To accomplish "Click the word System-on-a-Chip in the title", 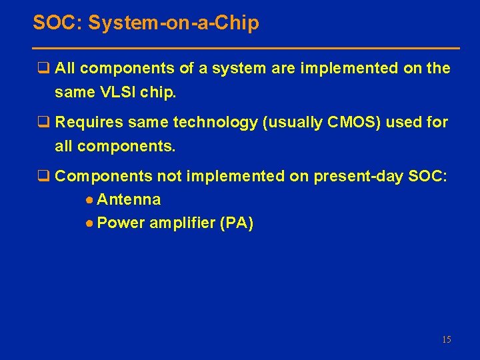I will point(174,24).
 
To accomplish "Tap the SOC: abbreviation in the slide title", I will point(58,24).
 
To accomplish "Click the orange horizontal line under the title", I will point(246,49).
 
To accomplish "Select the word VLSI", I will point(117,92).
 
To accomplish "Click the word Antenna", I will point(129,199).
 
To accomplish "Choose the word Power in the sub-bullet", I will point(121,223).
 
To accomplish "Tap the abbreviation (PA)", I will point(236,223).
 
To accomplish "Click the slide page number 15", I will point(446,340).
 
